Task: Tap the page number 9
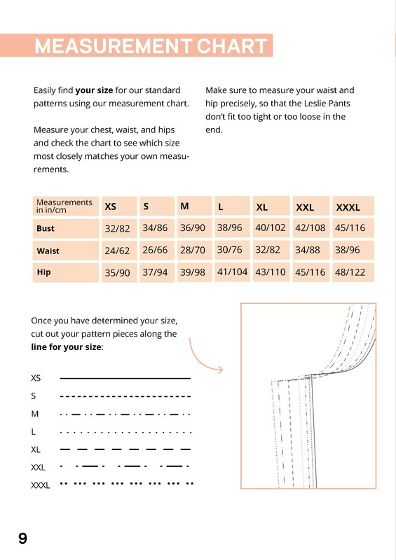click(22, 538)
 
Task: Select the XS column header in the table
click(111, 206)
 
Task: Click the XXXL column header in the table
click(348, 207)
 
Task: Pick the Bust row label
click(46, 228)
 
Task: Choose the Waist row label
click(48, 251)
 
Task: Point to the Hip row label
click(43, 272)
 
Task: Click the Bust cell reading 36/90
click(193, 228)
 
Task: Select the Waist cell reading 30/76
click(230, 250)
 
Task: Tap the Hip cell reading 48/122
click(350, 272)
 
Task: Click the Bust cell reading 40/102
click(270, 227)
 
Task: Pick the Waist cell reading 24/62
click(117, 251)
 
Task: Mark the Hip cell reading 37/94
click(155, 272)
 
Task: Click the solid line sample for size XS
click(125, 378)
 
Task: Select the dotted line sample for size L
click(125, 433)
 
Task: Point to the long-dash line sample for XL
click(125, 449)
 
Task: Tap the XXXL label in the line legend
click(41, 485)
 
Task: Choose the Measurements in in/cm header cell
click(64, 206)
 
